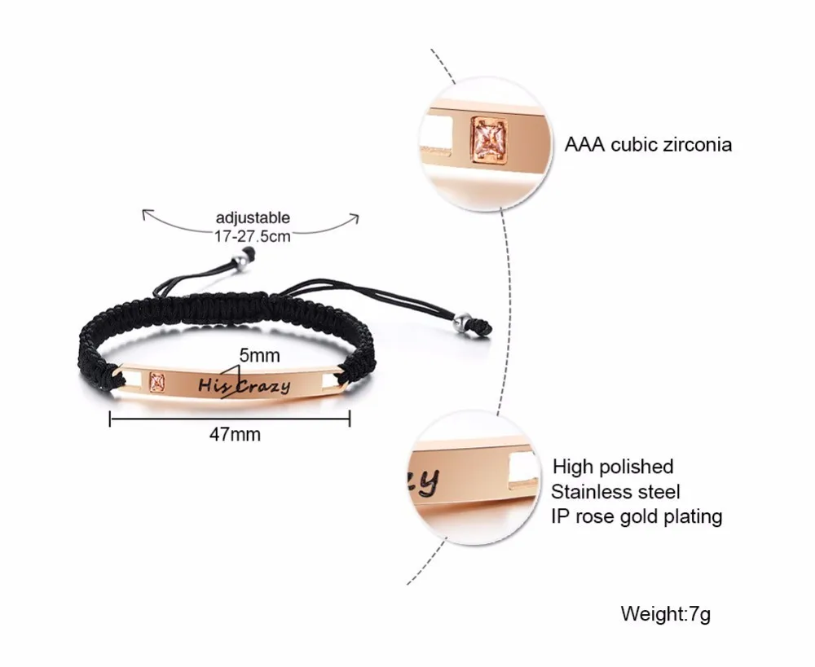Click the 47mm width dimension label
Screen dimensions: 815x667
click(235, 434)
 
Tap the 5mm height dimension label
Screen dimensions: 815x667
click(259, 355)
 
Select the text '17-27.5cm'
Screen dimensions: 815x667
click(253, 236)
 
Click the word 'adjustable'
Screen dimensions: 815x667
click(253, 217)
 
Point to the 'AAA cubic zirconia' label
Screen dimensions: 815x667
click(648, 144)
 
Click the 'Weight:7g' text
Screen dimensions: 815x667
click(665, 614)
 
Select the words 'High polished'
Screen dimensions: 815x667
click(613, 467)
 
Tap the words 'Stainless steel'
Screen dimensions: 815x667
click(615, 491)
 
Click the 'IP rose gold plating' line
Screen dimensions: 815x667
click(637, 516)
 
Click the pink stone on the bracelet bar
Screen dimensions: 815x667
click(157, 382)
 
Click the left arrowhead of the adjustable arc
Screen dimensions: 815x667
click(148, 213)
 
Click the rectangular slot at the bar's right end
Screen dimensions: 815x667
click(330, 380)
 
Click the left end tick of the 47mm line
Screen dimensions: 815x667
click(110, 419)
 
